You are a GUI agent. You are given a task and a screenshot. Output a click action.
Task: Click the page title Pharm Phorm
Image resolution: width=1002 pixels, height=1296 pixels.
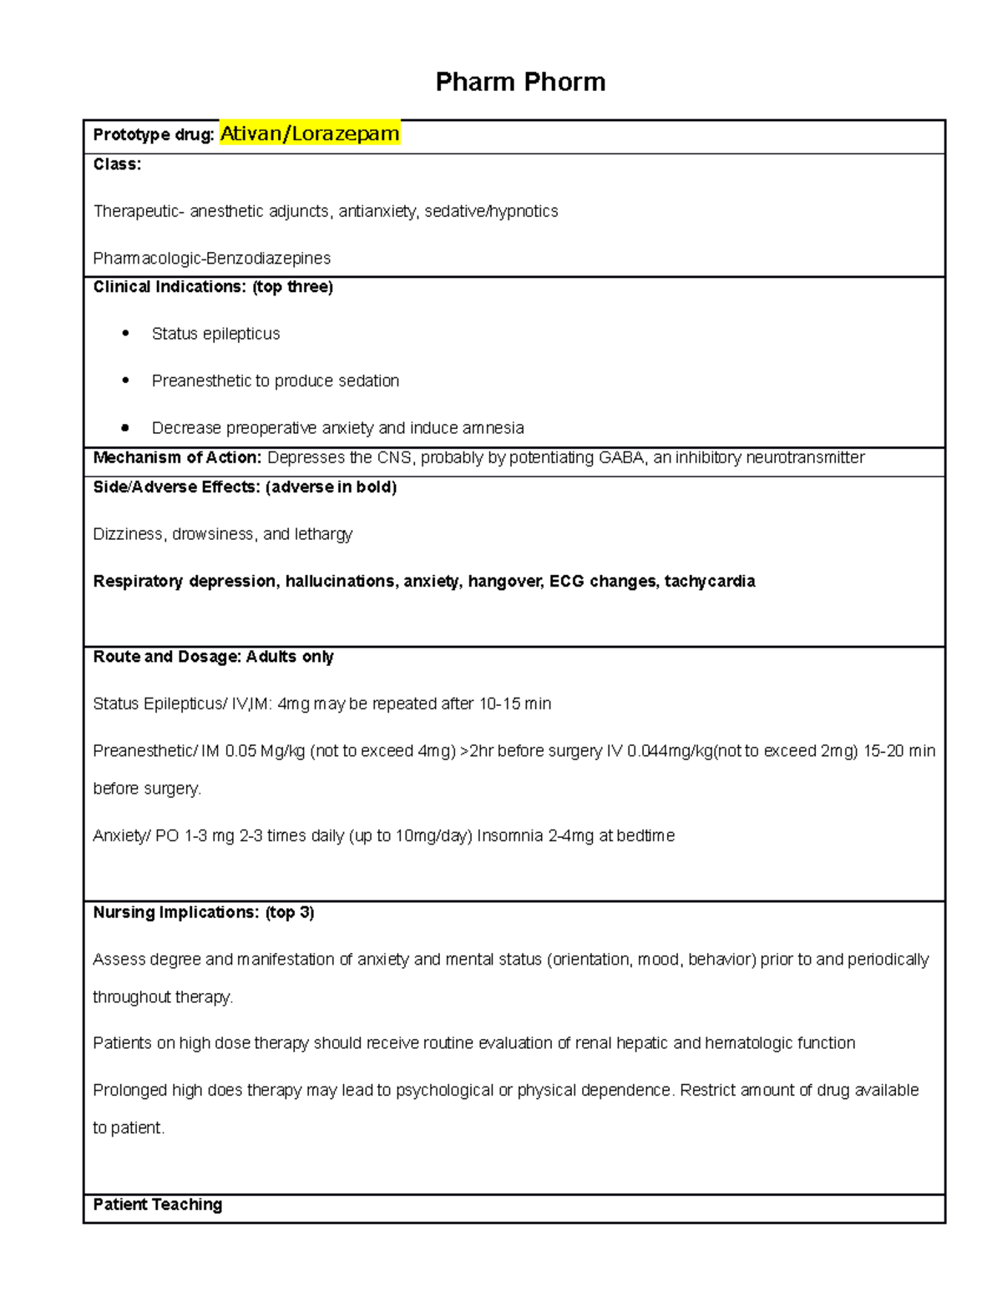click(x=520, y=82)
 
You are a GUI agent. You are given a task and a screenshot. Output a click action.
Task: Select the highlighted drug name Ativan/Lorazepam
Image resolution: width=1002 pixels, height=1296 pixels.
click(x=310, y=134)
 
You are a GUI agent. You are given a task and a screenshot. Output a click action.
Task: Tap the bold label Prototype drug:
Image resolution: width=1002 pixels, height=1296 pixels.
click(x=154, y=135)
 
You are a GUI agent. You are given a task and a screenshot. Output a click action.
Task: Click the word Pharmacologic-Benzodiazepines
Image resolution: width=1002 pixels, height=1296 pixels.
click(x=212, y=258)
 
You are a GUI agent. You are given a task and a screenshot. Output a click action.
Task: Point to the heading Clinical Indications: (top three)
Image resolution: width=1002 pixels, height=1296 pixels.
click(x=213, y=287)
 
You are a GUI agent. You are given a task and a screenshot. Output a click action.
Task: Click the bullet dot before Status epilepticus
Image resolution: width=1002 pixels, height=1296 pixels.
click(x=125, y=333)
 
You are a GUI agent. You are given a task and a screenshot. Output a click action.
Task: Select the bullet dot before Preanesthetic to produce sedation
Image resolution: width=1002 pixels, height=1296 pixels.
click(x=125, y=381)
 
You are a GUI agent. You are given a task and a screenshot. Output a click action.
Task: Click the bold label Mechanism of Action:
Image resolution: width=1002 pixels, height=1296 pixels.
click(x=177, y=457)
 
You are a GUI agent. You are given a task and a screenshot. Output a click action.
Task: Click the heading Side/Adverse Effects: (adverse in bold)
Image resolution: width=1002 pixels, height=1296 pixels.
click(x=245, y=487)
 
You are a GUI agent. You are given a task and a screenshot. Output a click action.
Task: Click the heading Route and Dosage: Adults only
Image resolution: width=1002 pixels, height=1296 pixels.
click(x=213, y=657)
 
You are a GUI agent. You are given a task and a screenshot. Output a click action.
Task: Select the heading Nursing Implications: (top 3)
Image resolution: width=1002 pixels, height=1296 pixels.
click(x=204, y=912)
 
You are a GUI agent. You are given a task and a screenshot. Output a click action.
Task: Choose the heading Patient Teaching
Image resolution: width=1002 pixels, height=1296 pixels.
click(x=158, y=1204)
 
